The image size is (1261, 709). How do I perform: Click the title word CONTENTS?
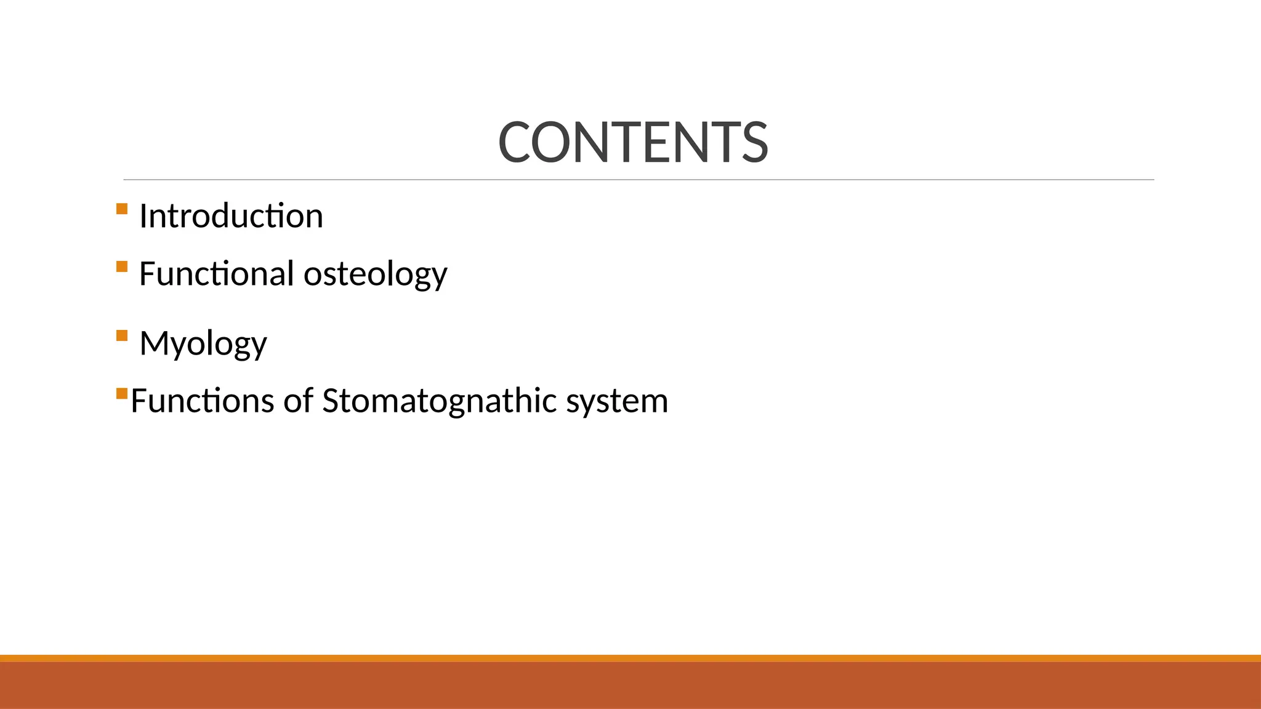pos(633,143)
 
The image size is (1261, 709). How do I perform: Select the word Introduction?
pos(231,216)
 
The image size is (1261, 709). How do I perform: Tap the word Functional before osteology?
pos(216,273)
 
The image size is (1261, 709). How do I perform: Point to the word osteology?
pos(375,274)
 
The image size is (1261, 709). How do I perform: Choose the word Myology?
pos(203,343)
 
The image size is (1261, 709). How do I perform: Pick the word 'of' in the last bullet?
pos(298,401)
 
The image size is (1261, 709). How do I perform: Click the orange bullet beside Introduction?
pos(121,209)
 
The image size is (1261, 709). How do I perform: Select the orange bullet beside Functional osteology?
pos(121,266)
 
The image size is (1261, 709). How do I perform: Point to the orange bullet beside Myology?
pos(121,335)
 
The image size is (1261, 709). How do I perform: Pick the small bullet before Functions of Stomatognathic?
pos(121,393)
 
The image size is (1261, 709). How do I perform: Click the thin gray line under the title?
pos(639,180)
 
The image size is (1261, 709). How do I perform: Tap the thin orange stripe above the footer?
pos(630,658)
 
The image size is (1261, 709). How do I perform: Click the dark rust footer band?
pos(630,686)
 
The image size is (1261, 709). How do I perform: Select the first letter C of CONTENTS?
pos(514,143)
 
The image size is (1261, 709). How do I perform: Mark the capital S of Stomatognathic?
pos(332,401)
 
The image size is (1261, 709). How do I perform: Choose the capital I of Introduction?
pos(143,216)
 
